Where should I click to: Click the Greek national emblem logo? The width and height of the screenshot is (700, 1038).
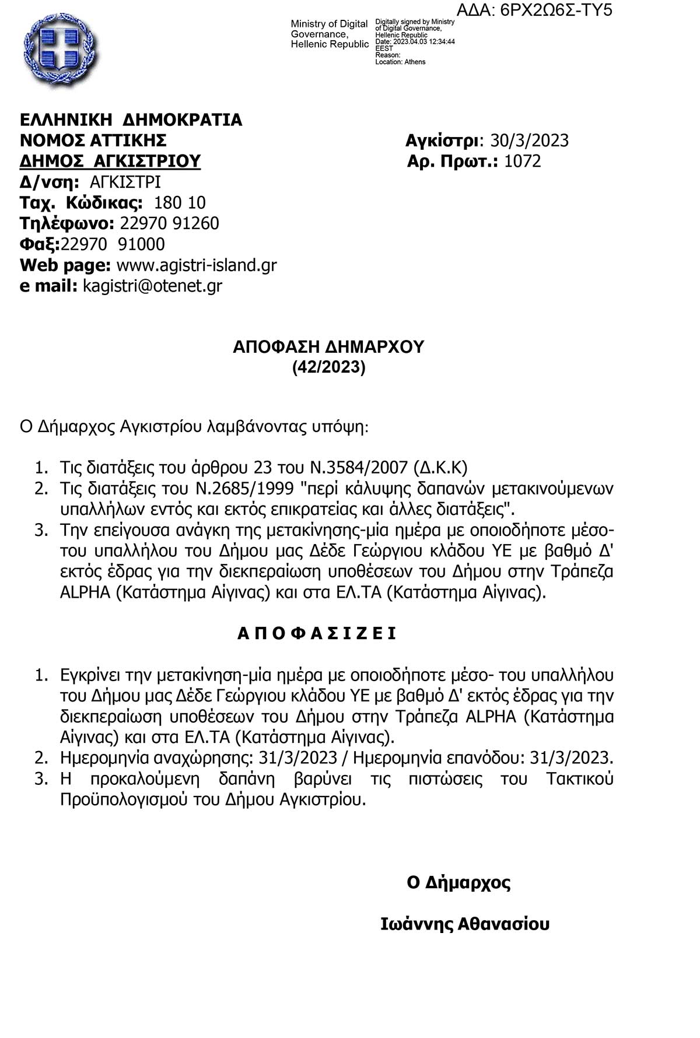point(61,51)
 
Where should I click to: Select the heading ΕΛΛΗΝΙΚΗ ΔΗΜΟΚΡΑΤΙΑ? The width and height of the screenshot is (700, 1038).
point(131,120)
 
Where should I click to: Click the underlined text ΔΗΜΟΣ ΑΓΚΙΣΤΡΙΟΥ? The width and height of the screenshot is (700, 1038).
point(110,161)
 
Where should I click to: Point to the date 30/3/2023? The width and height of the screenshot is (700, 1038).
point(529,141)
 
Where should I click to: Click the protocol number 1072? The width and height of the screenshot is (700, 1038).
point(522,161)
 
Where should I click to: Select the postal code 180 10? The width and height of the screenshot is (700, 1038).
point(179,203)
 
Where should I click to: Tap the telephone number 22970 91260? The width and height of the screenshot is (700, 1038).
point(169,223)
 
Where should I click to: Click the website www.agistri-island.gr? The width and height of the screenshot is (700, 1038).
point(197,265)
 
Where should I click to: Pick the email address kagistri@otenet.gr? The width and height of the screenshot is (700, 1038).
point(152,286)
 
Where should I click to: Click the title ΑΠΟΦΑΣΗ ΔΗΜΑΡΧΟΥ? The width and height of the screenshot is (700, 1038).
point(328,347)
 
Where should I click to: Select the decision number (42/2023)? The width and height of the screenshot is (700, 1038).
point(328,367)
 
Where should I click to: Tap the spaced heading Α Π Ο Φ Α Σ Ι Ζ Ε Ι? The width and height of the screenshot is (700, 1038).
point(317,633)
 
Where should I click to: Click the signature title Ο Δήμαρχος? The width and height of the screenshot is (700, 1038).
point(459,882)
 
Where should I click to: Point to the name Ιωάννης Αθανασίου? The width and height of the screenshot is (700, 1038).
point(464,924)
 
